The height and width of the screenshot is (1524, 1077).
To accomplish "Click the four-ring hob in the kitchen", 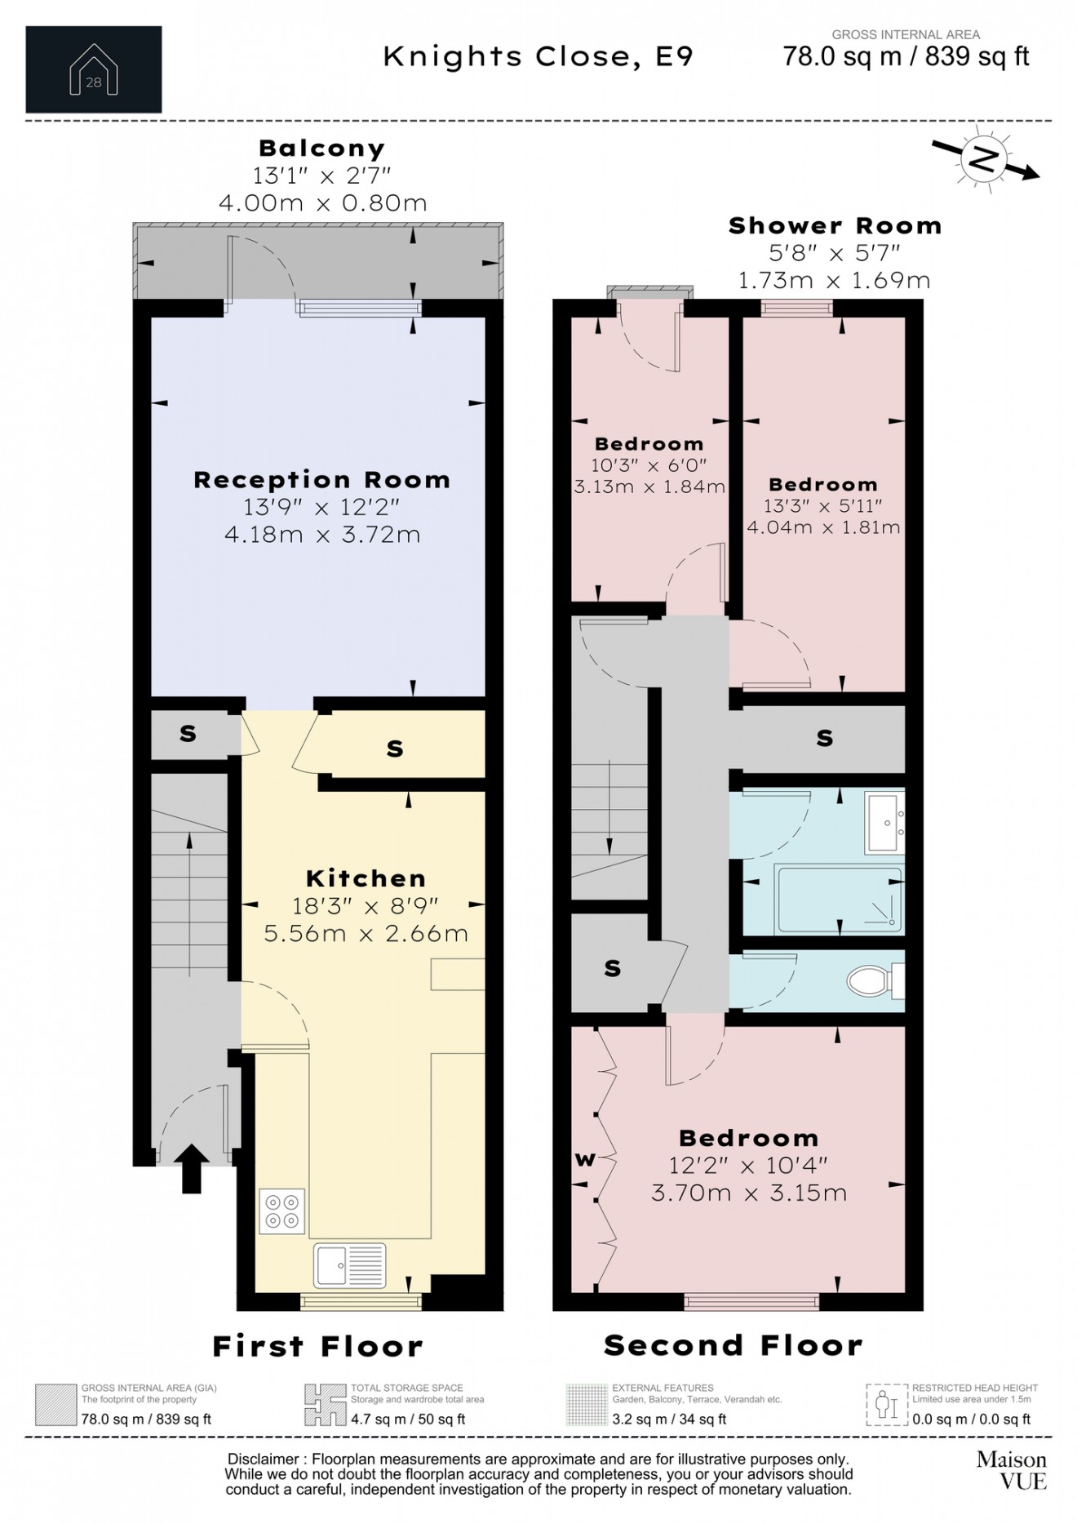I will click(282, 1211).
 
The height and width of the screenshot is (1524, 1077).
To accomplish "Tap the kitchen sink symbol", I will click(350, 1265).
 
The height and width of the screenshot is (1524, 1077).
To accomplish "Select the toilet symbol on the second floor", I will click(870, 980).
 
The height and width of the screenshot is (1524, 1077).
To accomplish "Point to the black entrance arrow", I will click(191, 1169).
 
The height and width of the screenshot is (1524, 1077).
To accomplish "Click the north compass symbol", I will click(985, 158).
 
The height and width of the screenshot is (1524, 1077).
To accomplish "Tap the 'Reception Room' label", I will click(321, 479).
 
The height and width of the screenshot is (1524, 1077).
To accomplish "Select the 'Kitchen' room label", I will click(366, 878).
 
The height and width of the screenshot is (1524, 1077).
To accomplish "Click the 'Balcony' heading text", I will click(321, 149).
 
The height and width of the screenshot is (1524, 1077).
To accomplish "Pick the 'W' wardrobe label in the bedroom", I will click(585, 1159).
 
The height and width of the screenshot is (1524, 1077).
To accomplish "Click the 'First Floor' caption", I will click(317, 1346).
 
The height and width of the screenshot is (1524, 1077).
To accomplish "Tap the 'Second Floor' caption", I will click(733, 1345).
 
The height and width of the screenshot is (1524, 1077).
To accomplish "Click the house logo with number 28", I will click(94, 70).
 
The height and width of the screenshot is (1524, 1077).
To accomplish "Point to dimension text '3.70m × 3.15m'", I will click(749, 1193).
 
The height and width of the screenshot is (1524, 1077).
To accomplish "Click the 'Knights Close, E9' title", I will click(538, 57).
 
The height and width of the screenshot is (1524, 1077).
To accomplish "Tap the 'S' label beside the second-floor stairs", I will click(612, 968).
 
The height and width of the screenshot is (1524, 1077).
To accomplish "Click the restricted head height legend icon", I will click(886, 1405).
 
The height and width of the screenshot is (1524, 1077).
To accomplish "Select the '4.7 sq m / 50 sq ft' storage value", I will click(408, 1419).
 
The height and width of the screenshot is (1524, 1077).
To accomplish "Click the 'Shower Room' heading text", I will click(835, 226).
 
